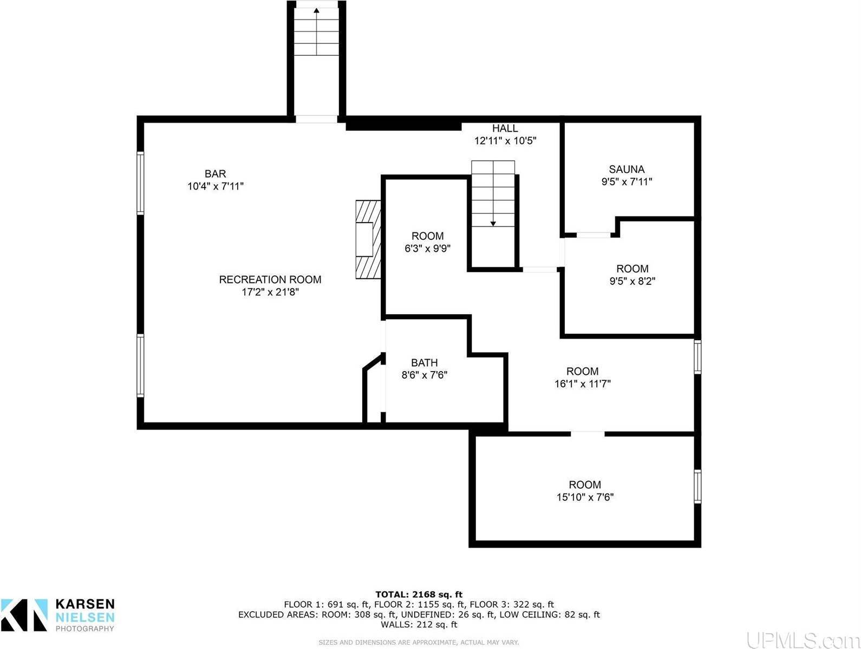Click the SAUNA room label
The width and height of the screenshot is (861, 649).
click(x=627, y=169)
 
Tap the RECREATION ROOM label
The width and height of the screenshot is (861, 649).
click(x=270, y=280)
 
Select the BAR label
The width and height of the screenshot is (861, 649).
click(x=215, y=174)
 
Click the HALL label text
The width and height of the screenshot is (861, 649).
click(x=505, y=128)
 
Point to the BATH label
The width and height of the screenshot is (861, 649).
click(x=424, y=362)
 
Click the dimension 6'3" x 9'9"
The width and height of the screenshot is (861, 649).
click(x=427, y=249)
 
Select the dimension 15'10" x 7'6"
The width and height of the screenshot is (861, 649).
click(x=585, y=497)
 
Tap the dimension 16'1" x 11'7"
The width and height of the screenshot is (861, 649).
click(x=582, y=384)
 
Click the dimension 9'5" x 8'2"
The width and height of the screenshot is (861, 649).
click(x=632, y=281)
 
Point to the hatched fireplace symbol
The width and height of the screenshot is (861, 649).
click(x=368, y=239)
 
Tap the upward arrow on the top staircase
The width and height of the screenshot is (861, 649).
click(x=316, y=10)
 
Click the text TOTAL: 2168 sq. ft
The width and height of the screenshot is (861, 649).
click(x=419, y=594)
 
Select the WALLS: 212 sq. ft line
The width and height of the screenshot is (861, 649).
click(x=419, y=624)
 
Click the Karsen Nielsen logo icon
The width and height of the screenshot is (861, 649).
click(x=24, y=614)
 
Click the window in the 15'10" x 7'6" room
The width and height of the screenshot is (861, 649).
click(x=697, y=486)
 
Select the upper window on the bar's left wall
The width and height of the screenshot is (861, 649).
click(x=140, y=183)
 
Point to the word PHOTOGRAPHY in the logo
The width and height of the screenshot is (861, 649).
click(x=85, y=629)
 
